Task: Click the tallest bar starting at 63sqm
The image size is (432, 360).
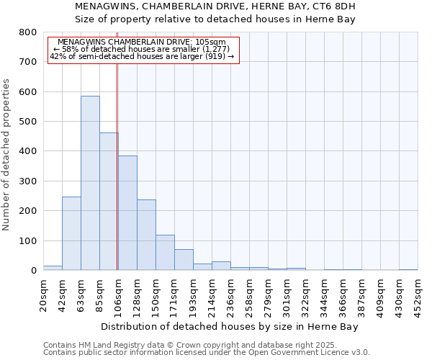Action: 90,183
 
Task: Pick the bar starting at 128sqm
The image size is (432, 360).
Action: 146,235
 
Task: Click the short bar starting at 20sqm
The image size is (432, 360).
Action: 53,268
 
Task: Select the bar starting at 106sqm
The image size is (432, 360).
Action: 127,213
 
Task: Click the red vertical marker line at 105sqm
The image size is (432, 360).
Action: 117,166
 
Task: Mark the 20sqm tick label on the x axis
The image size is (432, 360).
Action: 43,294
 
